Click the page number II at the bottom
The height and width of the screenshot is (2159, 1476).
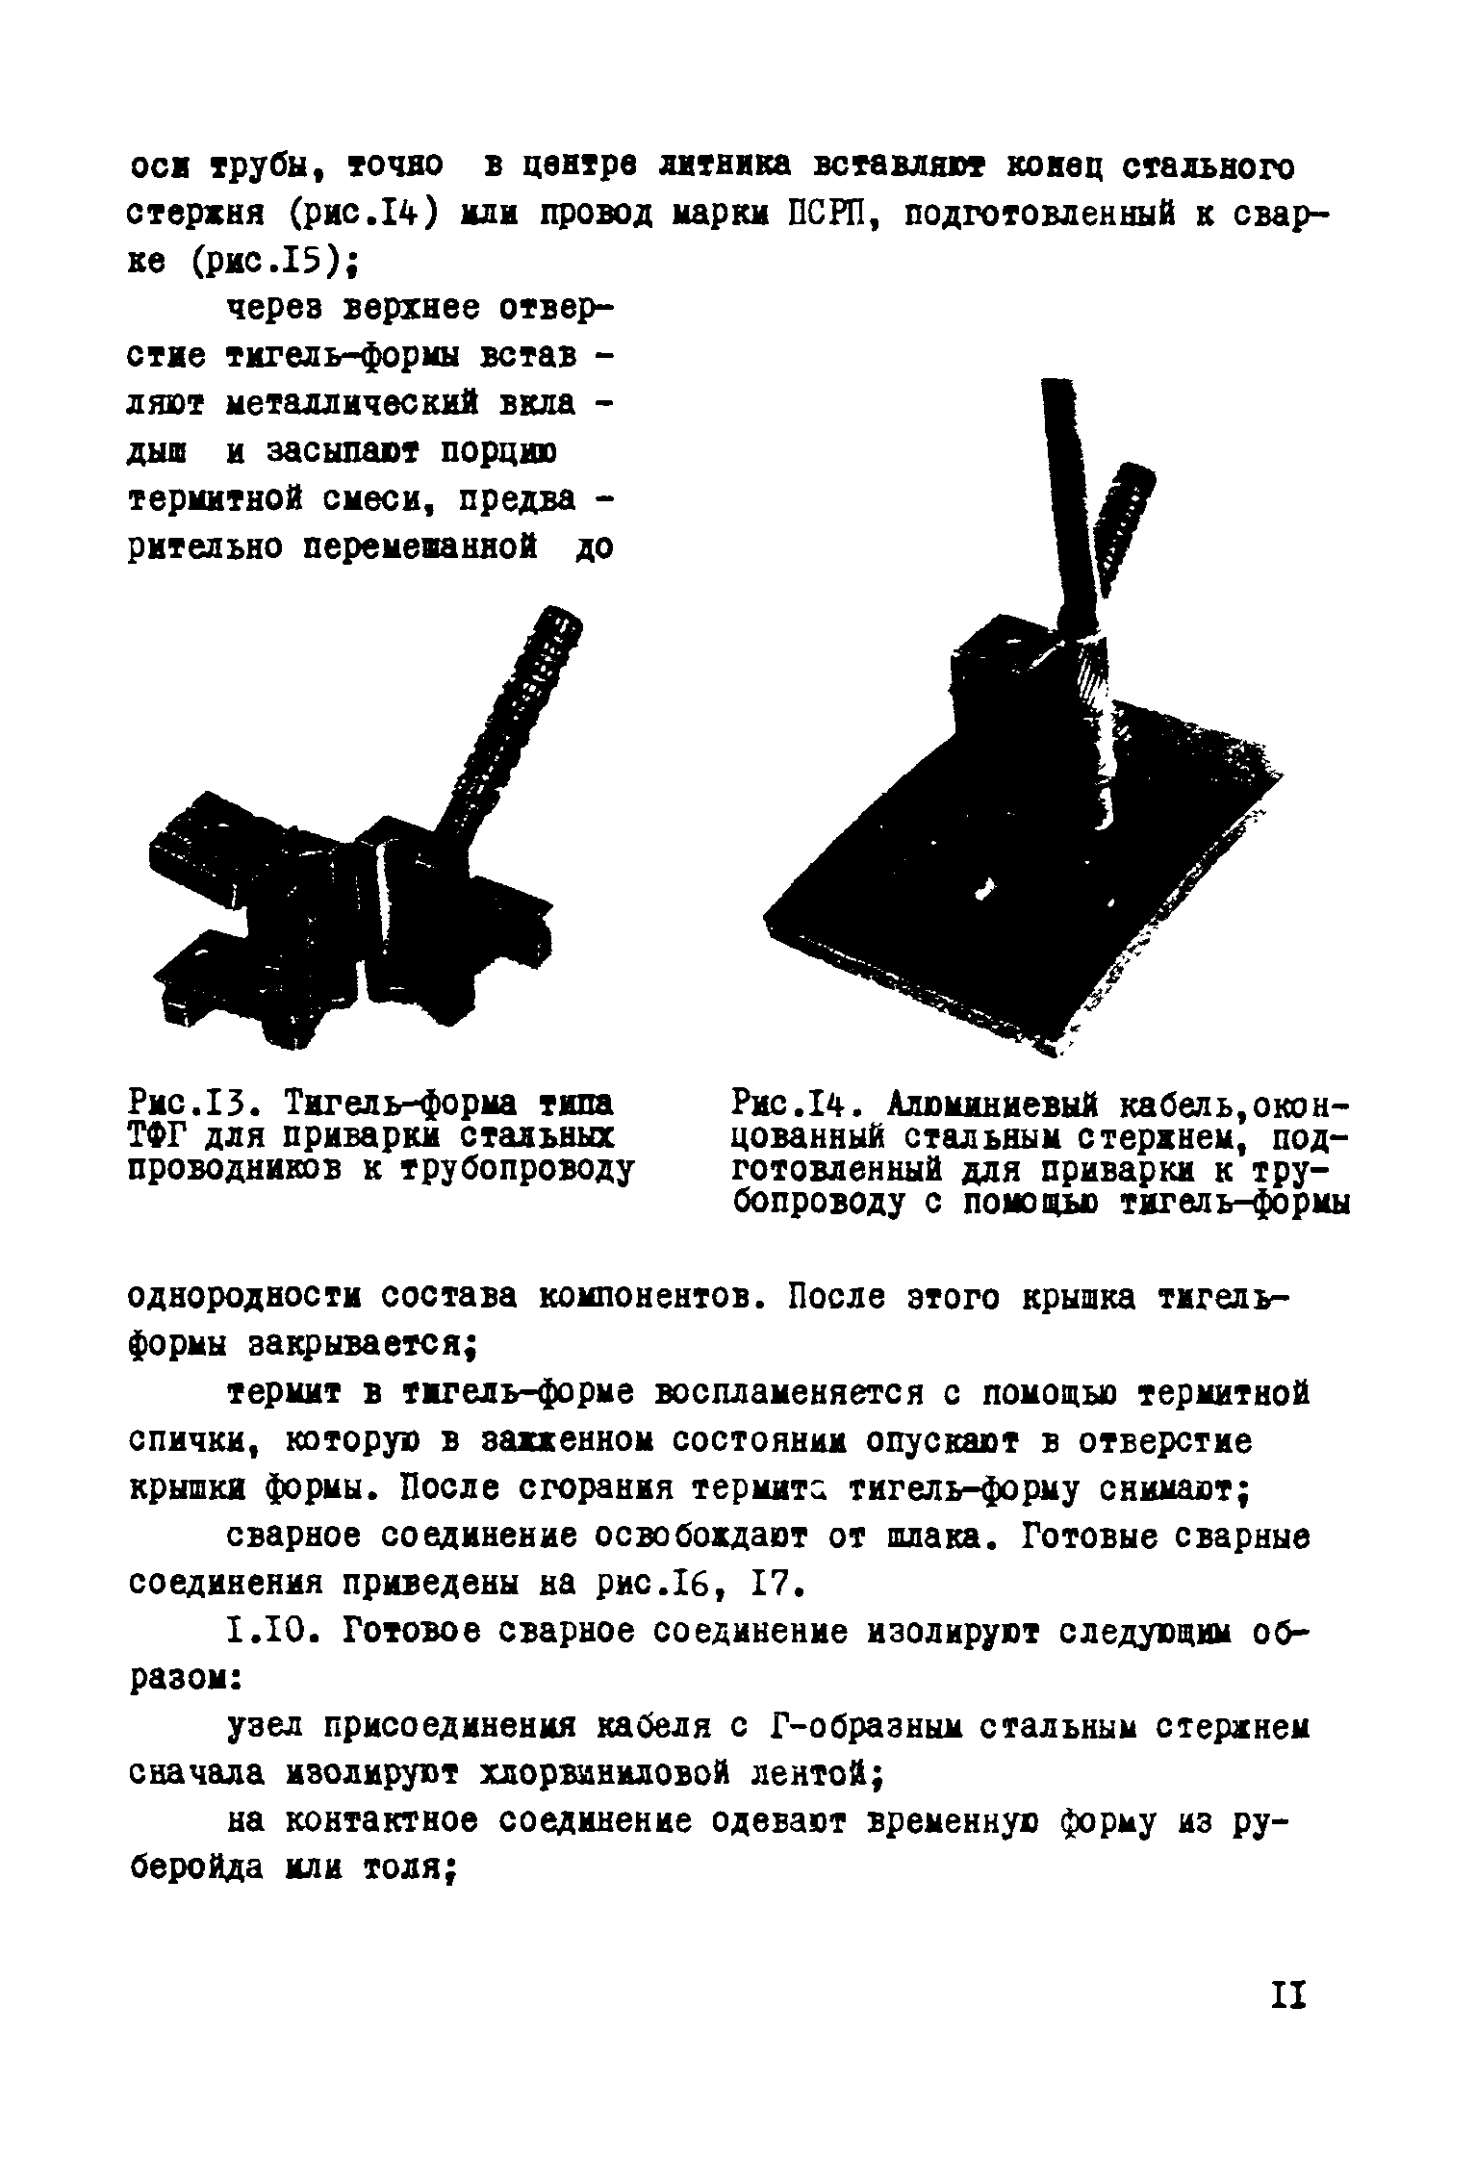click(x=1286, y=1996)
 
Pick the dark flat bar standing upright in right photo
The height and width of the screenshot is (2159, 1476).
click(x=1066, y=500)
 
